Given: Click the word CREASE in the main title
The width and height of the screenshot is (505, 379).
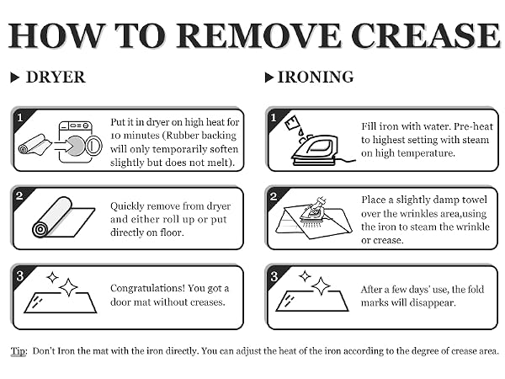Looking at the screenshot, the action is [425, 35].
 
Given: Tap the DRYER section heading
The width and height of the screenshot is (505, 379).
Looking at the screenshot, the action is [56, 77].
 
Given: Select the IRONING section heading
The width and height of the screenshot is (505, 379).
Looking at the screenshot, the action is [316, 77].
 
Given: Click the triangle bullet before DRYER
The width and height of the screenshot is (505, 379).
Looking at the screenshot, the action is [15, 77].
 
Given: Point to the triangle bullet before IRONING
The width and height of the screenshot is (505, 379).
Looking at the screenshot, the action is [269, 77].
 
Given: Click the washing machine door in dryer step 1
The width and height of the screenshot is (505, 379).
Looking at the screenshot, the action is [93, 146].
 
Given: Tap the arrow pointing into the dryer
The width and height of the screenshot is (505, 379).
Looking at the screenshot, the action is [63, 146].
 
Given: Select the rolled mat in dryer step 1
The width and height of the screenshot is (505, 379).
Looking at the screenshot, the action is [35, 145].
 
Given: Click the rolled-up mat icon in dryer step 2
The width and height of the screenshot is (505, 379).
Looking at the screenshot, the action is [63, 218].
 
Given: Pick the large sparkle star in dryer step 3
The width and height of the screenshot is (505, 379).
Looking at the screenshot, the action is [68, 287].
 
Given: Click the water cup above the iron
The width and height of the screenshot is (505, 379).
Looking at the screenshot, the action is [292, 123].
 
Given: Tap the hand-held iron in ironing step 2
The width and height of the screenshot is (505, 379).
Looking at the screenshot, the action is [314, 211].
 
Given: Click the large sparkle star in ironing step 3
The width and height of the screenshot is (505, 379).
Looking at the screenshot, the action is [321, 286].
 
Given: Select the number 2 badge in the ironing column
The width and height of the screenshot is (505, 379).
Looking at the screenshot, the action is [274, 196].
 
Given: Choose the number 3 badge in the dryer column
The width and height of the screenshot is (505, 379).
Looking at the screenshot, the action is [20, 276].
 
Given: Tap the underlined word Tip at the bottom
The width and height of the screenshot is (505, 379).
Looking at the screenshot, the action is [19, 351].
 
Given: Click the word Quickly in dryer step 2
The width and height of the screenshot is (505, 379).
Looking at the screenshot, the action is [128, 206].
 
